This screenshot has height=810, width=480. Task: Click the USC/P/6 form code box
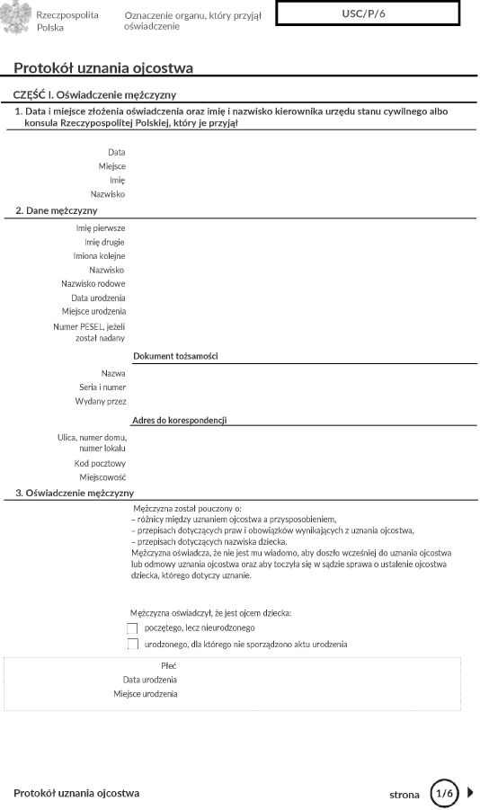point(369,13)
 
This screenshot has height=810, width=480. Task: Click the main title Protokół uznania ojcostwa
point(103,68)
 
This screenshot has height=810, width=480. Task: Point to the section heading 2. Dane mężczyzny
point(56,210)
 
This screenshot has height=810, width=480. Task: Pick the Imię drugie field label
point(104,242)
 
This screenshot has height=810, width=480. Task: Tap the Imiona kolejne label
point(99,256)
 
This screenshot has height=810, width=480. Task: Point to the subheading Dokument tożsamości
point(175,357)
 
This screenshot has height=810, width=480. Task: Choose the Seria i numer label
point(102,387)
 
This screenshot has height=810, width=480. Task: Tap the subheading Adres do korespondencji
point(179,420)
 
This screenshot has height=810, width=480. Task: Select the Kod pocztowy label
point(100,463)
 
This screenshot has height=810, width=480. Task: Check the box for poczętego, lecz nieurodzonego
point(133,628)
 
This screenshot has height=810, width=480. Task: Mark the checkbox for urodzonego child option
point(133,645)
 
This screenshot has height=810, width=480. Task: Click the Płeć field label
point(169,665)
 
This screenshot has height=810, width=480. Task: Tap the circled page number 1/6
point(443,794)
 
